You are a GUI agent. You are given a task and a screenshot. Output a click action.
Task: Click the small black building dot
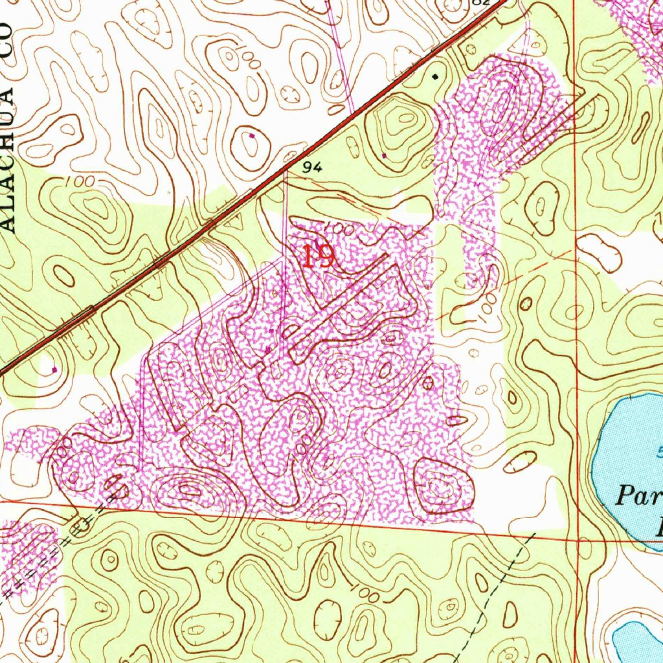[x=435, y=76]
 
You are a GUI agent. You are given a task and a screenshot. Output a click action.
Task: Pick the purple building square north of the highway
[x=252, y=136]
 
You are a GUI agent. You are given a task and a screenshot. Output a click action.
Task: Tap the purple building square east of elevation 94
[x=385, y=156]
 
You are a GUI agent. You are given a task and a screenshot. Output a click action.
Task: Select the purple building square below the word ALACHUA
[x=54, y=370]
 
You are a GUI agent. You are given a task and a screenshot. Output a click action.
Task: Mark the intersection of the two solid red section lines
[x=577, y=537]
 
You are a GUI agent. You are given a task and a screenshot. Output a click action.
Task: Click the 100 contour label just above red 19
[x=337, y=230]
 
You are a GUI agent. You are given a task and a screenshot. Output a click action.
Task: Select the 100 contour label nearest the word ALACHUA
[x=80, y=183]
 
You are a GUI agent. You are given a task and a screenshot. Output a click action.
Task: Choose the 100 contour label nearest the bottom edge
[x=366, y=592]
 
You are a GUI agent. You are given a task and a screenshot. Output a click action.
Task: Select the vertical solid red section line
[x=576, y=259]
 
